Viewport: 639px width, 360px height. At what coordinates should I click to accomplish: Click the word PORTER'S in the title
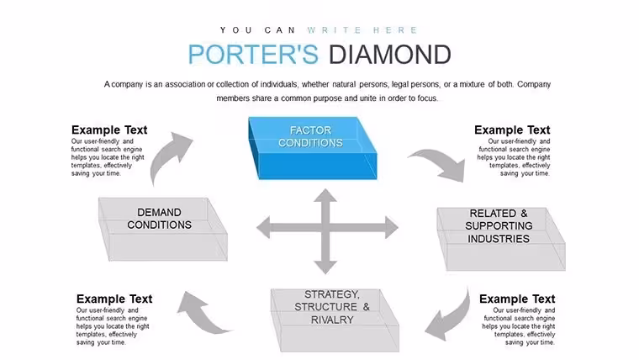[x=253, y=54]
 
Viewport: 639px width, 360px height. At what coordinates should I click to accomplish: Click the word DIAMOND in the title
[x=389, y=54]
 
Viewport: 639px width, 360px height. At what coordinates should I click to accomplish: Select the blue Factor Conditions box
[x=313, y=148]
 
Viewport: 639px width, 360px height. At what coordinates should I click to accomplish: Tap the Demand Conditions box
[x=163, y=229]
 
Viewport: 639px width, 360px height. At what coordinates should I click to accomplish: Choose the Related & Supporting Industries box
[x=501, y=239]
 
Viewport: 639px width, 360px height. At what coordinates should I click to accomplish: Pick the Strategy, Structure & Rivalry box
[x=335, y=320]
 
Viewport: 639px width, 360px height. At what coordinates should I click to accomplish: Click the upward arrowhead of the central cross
[x=325, y=195]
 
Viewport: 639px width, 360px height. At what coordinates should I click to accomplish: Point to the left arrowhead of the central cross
[x=263, y=227]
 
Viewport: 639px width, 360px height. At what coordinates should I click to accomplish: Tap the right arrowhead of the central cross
[x=392, y=227]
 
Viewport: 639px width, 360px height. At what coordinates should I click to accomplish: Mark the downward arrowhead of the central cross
[x=325, y=267]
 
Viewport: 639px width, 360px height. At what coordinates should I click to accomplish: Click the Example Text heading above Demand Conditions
[x=109, y=130]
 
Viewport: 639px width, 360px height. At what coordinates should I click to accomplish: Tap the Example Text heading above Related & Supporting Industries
[x=512, y=130]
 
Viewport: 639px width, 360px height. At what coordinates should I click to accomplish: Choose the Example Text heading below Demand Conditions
[x=114, y=299]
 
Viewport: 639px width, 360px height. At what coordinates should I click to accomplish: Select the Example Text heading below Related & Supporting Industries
[x=517, y=299]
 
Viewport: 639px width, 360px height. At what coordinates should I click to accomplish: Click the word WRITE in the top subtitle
[x=334, y=30]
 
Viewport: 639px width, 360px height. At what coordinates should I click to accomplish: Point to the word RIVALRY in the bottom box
[x=332, y=320]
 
